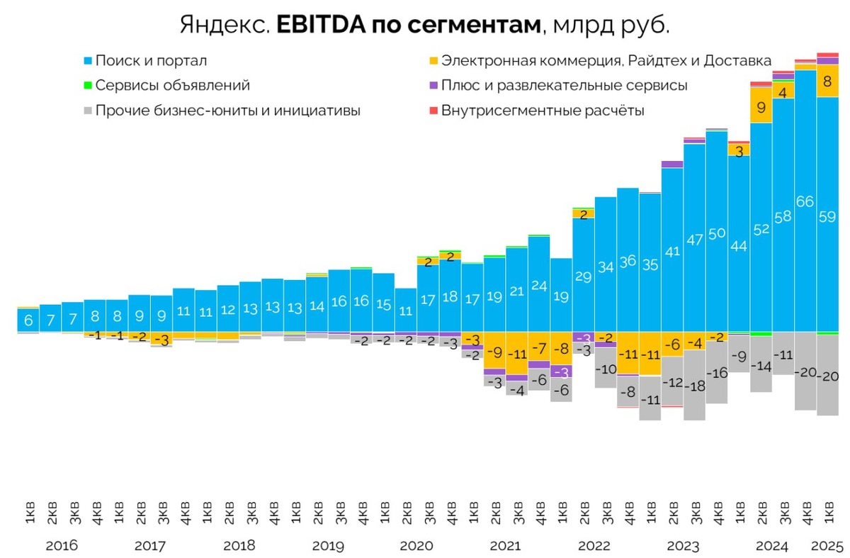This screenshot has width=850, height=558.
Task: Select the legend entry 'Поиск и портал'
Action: pyautogui.click(x=151, y=61)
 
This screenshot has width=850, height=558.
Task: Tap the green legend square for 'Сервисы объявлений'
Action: pyautogui.click(x=88, y=86)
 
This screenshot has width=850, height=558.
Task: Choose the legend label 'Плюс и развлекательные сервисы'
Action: pyautogui.click(x=564, y=86)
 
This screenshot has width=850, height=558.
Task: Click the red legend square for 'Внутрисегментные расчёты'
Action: pyautogui.click(x=433, y=111)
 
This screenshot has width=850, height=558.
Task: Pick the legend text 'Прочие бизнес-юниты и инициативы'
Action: pyautogui.click(x=227, y=111)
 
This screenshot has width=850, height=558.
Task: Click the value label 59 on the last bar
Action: pyautogui.click(x=827, y=218)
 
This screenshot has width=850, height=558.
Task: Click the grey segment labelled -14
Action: pyautogui.click(x=761, y=367)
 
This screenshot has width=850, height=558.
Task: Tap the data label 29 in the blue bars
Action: pyautogui.click(x=583, y=277)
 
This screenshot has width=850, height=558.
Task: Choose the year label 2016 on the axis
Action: pyautogui.click(x=62, y=547)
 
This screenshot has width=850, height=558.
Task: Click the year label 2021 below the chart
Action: pyautogui.click(x=504, y=547)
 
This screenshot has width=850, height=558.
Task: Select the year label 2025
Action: pyautogui.click(x=827, y=547)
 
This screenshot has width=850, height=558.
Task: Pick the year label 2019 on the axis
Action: pyautogui.click(x=327, y=547)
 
